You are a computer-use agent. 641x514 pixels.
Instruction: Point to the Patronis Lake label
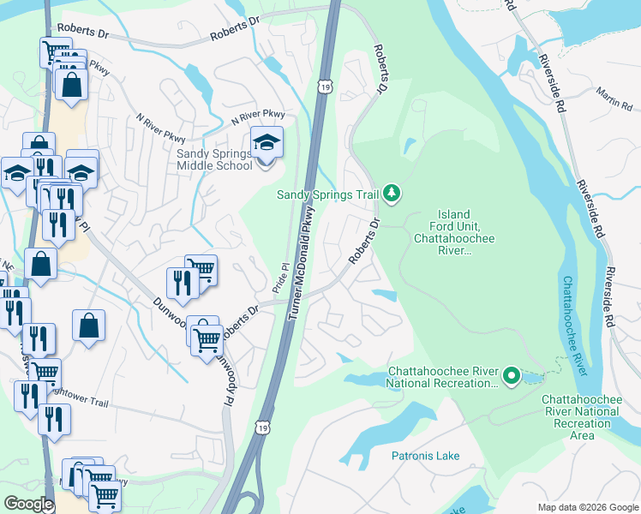point(426,456)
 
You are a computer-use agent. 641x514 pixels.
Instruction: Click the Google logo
point(28,504)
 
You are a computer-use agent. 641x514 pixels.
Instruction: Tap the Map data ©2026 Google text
point(588,507)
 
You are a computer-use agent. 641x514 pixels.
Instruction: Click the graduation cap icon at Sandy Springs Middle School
point(267,142)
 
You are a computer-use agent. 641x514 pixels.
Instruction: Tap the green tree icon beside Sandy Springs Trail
point(392,194)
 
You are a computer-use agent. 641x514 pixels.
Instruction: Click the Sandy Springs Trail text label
point(326,194)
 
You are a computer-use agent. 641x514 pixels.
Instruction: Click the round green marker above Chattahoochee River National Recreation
point(512,375)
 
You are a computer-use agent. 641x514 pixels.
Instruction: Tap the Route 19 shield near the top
point(323,86)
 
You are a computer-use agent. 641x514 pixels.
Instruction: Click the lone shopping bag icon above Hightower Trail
point(88,326)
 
